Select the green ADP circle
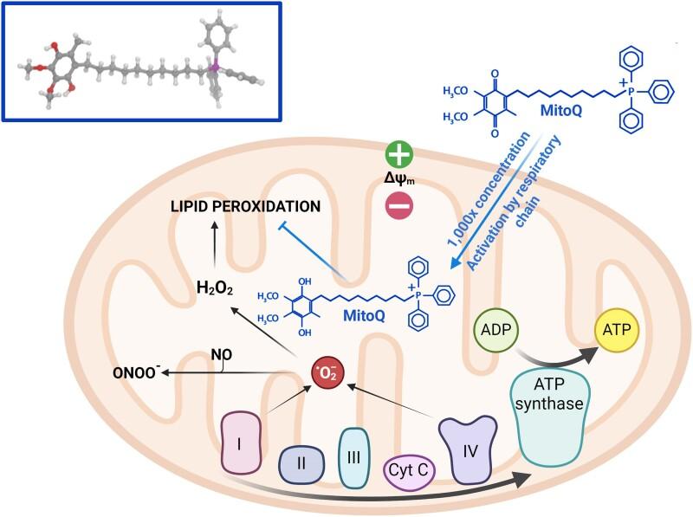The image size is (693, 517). (x=497, y=330)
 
